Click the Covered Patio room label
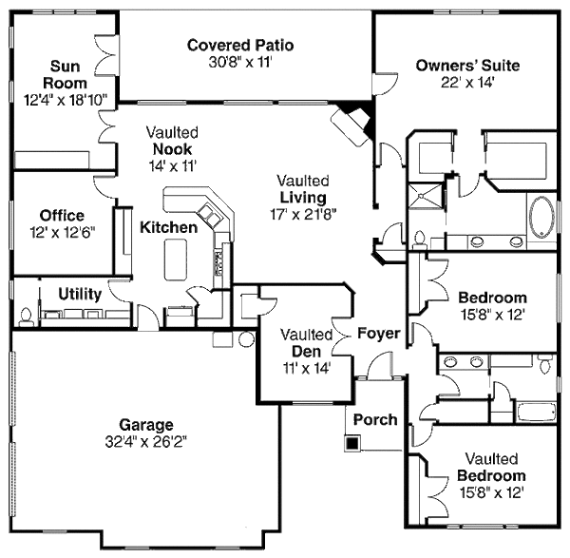click(x=239, y=45)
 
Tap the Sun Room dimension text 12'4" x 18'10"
click(x=66, y=98)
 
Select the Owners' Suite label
click(x=466, y=66)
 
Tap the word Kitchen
click(x=169, y=227)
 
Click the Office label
click(x=62, y=216)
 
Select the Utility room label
click(x=80, y=294)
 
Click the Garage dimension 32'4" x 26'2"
click(x=145, y=441)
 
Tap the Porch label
click(x=374, y=419)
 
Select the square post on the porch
click(x=353, y=442)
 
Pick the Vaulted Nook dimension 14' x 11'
click(x=170, y=165)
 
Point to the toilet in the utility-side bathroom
click(x=25, y=313)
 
